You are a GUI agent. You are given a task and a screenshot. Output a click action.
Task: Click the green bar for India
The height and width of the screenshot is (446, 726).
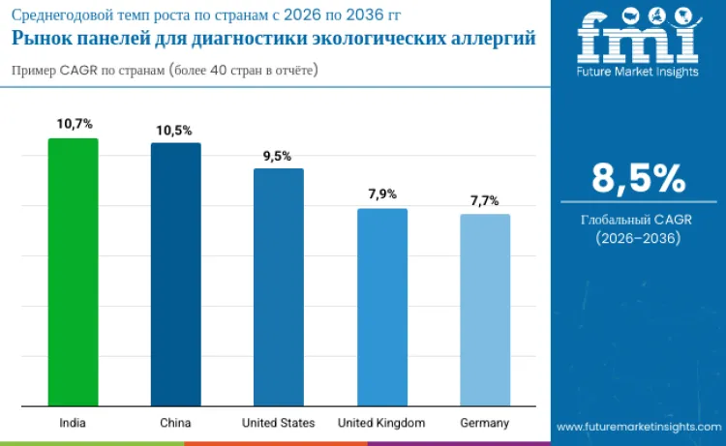click(73, 272)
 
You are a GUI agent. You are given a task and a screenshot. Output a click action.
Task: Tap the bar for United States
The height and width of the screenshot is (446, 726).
click(279, 286)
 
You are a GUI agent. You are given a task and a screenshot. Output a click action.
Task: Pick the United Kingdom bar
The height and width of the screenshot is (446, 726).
click(381, 307)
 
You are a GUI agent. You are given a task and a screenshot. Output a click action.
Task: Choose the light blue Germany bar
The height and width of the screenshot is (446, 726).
click(485, 310)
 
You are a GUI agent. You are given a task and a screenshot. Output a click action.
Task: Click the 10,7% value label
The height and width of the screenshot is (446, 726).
click(74, 124)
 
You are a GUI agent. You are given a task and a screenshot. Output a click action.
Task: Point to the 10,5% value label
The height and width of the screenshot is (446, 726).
click(175, 129)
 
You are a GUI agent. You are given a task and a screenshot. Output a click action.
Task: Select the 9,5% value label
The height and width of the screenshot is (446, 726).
click(279, 155)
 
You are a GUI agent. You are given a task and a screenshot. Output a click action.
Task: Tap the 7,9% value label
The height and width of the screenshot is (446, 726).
click(381, 194)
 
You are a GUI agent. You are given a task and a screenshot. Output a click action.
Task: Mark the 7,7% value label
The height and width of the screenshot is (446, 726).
click(485, 200)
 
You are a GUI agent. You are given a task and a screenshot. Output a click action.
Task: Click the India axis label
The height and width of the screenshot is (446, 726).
click(73, 423)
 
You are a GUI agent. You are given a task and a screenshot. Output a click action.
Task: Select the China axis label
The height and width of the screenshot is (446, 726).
click(175, 423)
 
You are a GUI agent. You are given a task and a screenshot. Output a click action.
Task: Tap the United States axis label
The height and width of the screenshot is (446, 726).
click(279, 423)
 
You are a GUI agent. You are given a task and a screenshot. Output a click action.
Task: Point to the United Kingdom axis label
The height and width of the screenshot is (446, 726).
click(381, 423)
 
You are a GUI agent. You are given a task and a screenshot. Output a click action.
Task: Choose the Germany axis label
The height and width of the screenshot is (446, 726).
click(485, 423)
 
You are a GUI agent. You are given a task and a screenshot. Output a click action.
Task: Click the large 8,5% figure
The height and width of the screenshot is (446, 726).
click(638, 179)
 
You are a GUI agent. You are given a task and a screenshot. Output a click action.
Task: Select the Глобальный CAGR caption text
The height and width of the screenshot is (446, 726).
click(637, 220)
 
